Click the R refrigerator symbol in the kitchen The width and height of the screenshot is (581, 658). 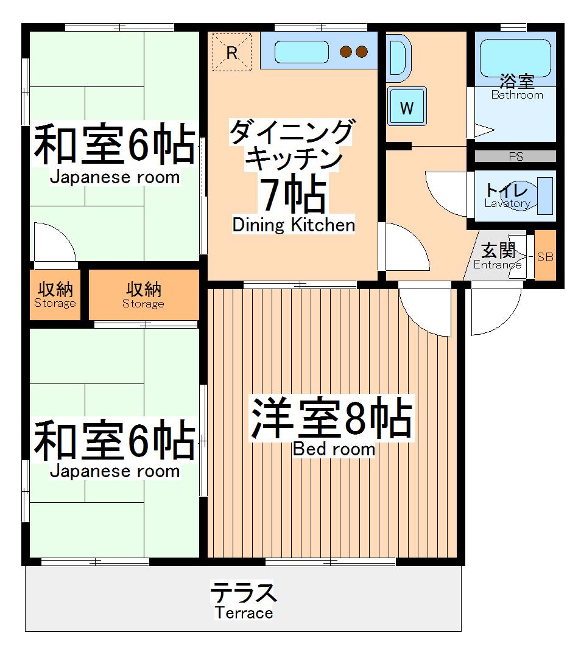tap(231, 52)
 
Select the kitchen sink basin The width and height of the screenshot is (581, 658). tap(301, 52)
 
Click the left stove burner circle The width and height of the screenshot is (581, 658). tap(347, 52)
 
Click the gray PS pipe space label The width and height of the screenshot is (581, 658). tap(515, 156)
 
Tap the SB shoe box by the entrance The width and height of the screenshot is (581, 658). tap(545, 256)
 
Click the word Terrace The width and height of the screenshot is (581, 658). tap(244, 613)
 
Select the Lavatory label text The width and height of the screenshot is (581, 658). tap(507, 204)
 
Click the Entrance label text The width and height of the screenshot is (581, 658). tap(497, 265)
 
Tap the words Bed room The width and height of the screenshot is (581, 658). tap(334, 449)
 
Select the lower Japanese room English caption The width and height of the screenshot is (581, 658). tap(114, 471)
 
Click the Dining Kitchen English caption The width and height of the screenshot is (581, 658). tap(294, 225)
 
